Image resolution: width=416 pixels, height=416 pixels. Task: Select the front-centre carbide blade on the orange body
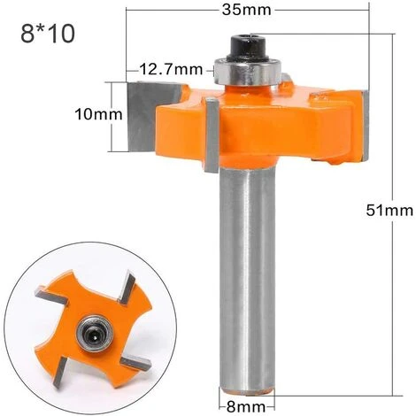pos(212,133)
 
